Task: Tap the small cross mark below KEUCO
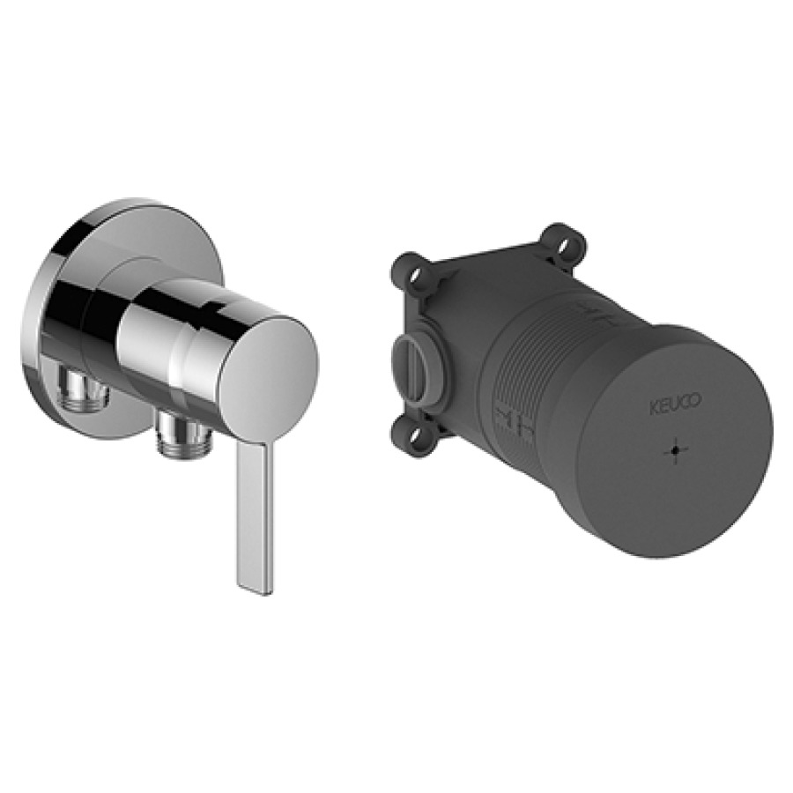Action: [676, 450]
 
